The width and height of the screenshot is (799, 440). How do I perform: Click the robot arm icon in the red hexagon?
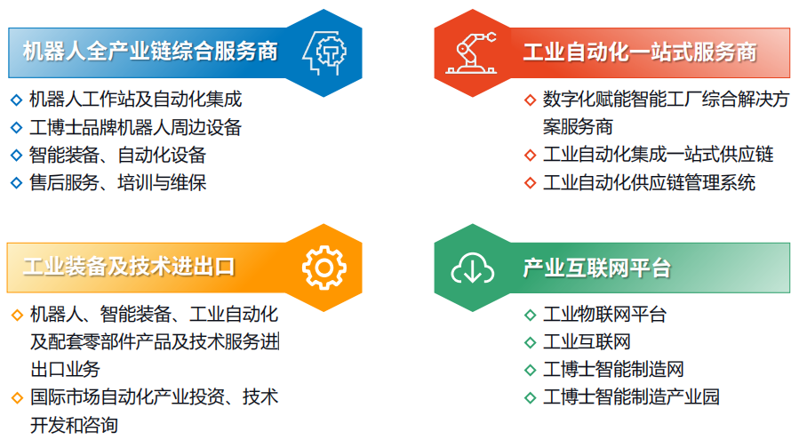click(x=471, y=53)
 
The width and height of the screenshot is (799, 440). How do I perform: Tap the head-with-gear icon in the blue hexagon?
click(x=324, y=52)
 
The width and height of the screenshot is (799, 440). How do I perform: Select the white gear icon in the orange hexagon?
click(x=324, y=268)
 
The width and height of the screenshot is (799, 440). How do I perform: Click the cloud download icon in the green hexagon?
click(x=472, y=268)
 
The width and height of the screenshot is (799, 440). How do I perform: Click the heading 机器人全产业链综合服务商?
click(x=150, y=52)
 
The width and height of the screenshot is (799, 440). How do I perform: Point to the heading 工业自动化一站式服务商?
click(x=640, y=52)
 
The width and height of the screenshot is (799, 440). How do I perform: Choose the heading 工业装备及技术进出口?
click(x=129, y=267)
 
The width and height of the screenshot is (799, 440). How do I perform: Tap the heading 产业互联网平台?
click(x=597, y=268)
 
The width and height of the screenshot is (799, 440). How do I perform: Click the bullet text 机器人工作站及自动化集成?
click(x=136, y=100)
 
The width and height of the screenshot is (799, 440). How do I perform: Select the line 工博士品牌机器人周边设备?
click(x=136, y=127)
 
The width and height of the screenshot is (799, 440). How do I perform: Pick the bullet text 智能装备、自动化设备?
click(x=117, y=155)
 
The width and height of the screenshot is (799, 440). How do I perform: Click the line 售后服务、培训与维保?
click(x=117, y=182)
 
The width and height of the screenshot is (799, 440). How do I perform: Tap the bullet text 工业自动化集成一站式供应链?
click(x=659, y=155)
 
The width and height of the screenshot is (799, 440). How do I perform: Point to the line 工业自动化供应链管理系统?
click(x=649, y=182)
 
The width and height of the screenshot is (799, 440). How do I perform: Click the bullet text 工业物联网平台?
click(x=605, y=315)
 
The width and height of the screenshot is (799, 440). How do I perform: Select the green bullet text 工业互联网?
click(x=587, y=341)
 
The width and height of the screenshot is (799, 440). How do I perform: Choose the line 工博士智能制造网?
click(x=613, y=369)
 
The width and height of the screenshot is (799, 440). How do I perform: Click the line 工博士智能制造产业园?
click(x=631, y=396)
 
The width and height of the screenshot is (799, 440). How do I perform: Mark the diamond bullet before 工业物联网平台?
click(x=530, y=315)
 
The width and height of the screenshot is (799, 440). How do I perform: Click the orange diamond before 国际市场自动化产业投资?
click(x=17, y=397)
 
